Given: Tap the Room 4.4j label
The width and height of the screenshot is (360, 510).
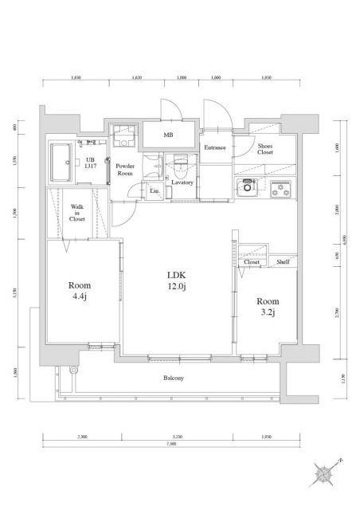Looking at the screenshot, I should point(80,292).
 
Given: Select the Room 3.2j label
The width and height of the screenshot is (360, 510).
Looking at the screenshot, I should point(266,307).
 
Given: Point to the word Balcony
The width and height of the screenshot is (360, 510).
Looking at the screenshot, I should point(174,378).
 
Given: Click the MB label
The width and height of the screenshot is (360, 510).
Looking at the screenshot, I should point(169,135).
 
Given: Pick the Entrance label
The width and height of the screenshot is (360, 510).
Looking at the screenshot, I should point(215,147).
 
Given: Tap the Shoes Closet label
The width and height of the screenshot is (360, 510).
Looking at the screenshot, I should point(266,148).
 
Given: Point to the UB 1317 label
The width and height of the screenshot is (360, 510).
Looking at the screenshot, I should point(92,163).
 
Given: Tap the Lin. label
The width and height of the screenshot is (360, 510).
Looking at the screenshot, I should point(153,191).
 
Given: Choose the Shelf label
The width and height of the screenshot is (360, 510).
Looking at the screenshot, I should point(282,261).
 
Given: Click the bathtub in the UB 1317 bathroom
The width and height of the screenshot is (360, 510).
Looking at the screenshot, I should point(62,163).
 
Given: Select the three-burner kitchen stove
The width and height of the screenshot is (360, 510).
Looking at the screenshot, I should point(280,190).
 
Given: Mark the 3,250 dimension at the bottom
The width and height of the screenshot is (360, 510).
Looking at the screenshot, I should point(178,437).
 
